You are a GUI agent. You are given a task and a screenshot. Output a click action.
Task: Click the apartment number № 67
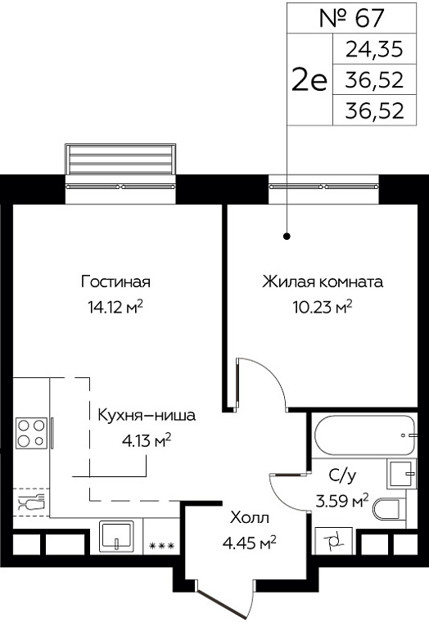[x=352, y=18]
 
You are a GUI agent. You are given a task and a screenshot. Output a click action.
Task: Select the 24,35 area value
[x=374, y=50]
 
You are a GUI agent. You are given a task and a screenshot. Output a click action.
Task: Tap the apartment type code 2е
[x=309, y=79]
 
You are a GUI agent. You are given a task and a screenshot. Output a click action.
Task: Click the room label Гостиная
[x=115, y=282]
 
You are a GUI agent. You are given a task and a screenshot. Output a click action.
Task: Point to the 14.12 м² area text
[x=115, y=307]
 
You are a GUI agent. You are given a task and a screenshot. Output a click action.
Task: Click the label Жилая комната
[x=323, y=282]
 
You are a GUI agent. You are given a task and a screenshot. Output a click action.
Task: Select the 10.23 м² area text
[x=323, y=307]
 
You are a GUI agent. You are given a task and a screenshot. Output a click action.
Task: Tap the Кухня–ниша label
[x=147, y=415]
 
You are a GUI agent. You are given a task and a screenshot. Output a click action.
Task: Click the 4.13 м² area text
[x=147, y=440]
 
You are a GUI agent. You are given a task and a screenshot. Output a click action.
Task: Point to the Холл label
[x=250, y=518]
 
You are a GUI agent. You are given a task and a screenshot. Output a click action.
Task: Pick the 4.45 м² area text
[x=250, y=543]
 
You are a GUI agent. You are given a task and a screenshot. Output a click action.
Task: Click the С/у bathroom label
[x=342, y=476]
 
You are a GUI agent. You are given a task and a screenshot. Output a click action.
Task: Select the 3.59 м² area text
[x=342, y=501]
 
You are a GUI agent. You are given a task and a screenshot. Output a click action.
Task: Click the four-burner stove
[x=31, y=433]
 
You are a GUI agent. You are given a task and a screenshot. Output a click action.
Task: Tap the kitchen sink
[x=116, y=535]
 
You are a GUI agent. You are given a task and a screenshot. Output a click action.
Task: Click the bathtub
[x=364, y=435]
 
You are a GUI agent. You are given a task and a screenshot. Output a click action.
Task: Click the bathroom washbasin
[x=402, y=474]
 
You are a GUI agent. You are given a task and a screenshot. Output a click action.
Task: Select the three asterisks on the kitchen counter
[x=161, y=546]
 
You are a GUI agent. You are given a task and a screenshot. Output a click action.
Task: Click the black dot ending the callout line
[x=287, y=237]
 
